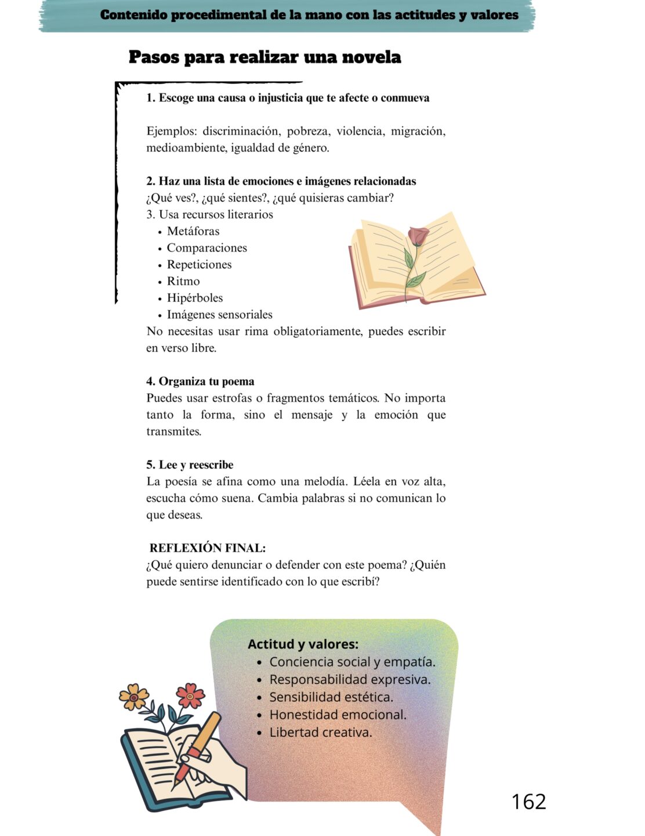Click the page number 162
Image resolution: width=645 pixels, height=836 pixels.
tap(528, 802)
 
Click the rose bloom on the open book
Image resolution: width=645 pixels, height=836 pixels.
tap(418, 236)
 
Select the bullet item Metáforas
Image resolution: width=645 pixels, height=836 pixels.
tap(193, 231)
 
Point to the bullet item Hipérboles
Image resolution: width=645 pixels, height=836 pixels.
tap(195, 298)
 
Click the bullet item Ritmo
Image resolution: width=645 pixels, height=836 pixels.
tap(183, 281)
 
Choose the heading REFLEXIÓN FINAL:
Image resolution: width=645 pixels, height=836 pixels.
tap(207, 548)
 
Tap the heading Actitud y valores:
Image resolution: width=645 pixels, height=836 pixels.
tap(303, 644)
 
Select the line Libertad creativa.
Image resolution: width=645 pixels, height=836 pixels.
tap(321, 732)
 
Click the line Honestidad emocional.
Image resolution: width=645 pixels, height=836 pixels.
tap(338, 715)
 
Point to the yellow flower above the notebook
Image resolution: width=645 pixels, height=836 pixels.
tap(134, 696)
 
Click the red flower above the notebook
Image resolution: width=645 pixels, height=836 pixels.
tap(190, 694)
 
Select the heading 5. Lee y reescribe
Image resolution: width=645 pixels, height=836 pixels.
tap(190, 464)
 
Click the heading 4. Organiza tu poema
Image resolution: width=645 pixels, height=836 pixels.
tap(200, 381)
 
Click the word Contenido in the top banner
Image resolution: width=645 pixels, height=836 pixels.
tap(134, 15)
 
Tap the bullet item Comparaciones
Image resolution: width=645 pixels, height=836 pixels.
tap(206, 248)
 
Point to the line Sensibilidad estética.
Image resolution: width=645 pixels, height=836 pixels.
tap(331, 697)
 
